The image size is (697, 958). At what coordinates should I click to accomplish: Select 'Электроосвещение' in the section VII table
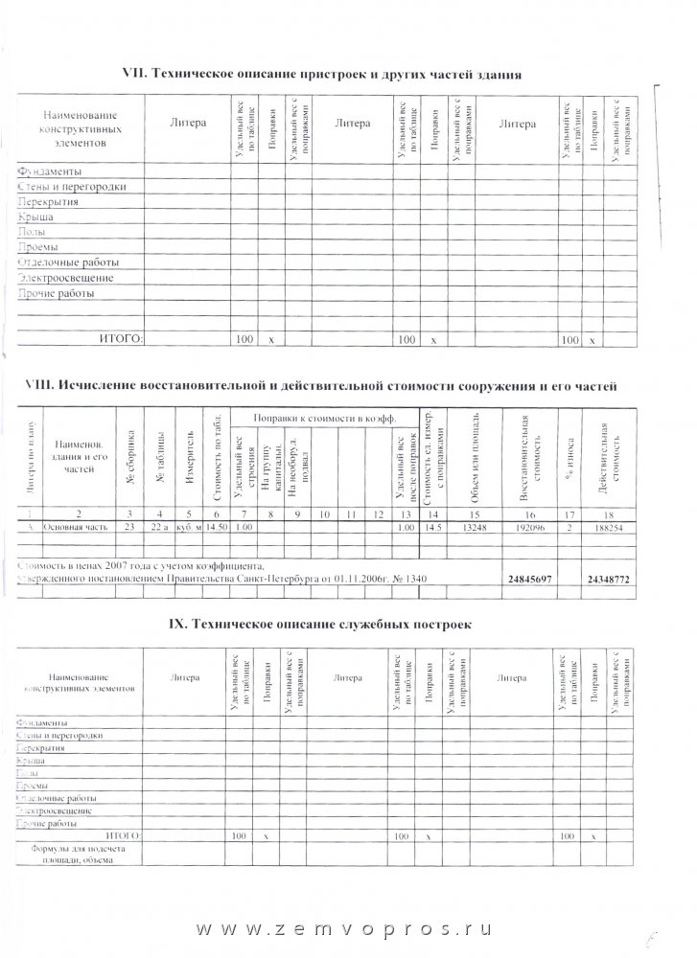click(65, 278)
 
